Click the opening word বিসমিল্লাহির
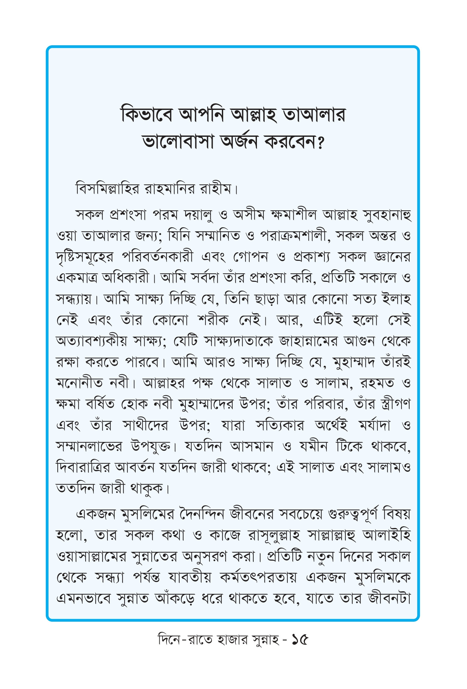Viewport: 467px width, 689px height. (108, 189)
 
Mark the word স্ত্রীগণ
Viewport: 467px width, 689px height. (395, 404)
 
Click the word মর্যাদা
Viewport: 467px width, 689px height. (375, 426)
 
